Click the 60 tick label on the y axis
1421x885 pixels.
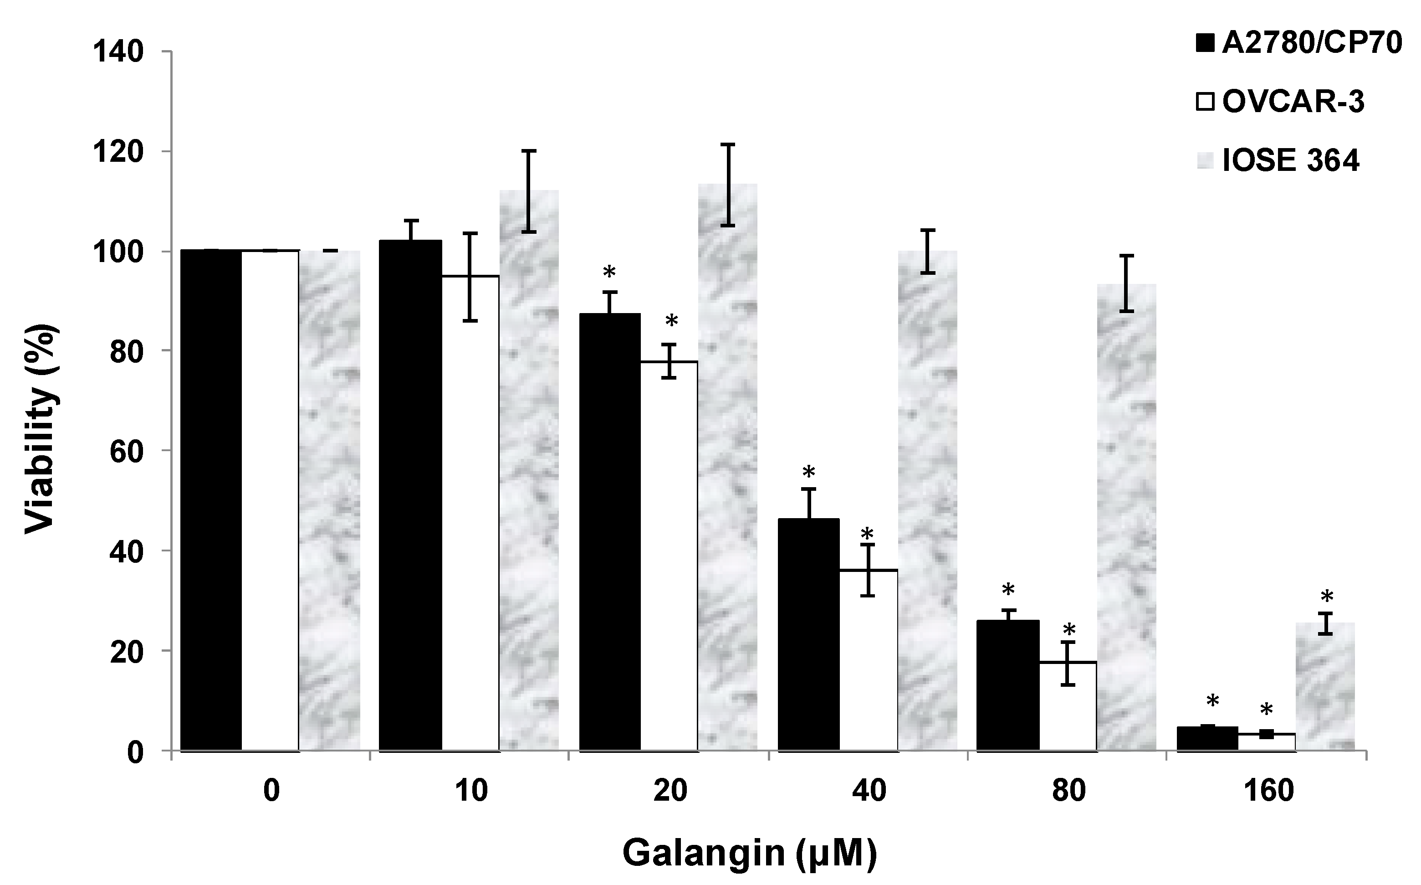tap(125, 451)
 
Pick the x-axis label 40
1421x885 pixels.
tap(869, 791)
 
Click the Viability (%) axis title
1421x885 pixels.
tap(42, 430)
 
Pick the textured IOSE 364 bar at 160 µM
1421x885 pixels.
tap(1326, 687)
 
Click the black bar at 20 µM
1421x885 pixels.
tap(609, 533)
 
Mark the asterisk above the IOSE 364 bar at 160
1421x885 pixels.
tap(1326, 597)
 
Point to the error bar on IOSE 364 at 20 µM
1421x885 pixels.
tap(728, 185)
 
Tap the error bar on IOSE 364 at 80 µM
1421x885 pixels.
tap(1126, 283)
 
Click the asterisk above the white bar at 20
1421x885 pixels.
tap(671, 321)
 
